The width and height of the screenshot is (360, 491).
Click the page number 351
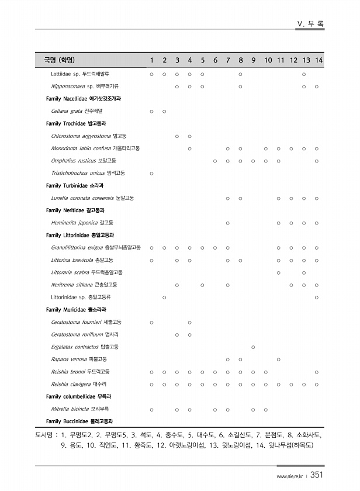[318, 475]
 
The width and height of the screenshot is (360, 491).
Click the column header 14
[319, 60]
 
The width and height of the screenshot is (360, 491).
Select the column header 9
[253, 60]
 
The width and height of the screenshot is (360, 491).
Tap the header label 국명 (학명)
[59, 60]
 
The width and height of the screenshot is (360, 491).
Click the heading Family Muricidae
[79, 310]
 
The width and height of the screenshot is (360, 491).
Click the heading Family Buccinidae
[79, 421]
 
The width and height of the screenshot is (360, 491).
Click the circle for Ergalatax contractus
[253, 347]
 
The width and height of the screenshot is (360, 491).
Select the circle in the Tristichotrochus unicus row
[151, 174]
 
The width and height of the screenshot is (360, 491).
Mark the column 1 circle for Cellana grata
[151, 111]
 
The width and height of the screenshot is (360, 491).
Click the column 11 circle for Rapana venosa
[279, 359]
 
